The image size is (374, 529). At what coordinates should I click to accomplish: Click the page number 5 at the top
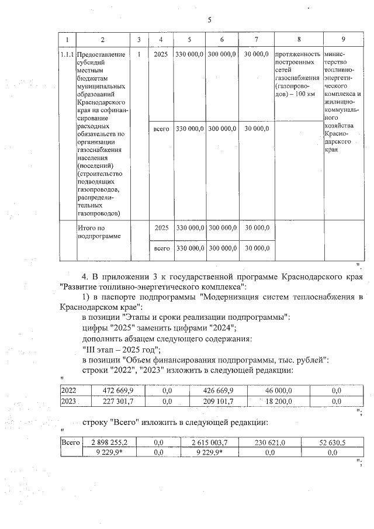(209, 20)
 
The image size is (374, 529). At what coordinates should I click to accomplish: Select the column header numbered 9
(342, 39)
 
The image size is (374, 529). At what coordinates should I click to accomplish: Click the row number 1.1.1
(67, 55)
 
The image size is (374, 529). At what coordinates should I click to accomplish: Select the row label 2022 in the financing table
(69, 390)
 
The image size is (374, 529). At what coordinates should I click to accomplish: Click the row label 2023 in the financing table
(69, 401)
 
